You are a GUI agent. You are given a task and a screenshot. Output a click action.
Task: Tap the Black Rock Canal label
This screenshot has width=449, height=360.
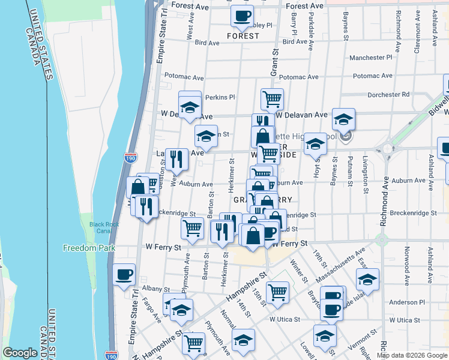point(104,228)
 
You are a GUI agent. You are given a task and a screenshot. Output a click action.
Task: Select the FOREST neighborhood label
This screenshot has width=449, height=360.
point(243,36)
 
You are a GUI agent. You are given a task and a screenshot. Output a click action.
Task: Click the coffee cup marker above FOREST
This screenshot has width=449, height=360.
point(242,16)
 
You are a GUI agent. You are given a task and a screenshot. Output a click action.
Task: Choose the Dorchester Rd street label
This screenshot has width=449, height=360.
point(388,94)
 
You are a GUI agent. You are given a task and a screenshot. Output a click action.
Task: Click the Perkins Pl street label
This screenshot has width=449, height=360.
point(220,97)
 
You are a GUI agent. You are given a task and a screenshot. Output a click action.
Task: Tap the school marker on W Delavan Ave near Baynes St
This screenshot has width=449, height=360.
point(344,119)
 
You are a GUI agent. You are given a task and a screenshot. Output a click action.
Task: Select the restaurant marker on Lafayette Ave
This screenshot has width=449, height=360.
point(176,158)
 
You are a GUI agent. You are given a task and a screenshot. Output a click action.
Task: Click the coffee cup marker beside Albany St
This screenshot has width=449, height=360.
point(124,275)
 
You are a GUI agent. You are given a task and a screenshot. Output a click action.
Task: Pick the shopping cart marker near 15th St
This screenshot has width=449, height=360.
point(277,292)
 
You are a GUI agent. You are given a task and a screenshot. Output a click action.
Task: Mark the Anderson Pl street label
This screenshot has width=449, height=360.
point(406,302)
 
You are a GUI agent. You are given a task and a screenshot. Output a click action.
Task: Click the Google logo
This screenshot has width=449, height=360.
point(20,353)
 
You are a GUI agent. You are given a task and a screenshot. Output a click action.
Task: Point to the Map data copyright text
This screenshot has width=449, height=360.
point(411,355)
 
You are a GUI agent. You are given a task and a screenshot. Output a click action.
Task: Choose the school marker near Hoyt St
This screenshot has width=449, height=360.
point(315,144)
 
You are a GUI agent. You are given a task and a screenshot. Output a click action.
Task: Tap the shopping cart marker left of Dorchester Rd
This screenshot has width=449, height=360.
point(272,98)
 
